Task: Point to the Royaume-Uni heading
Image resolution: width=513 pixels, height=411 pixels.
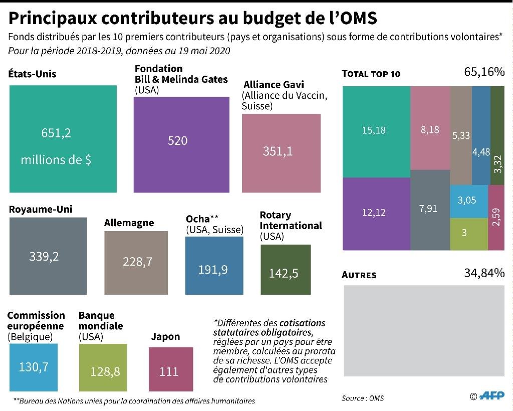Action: (41, 209)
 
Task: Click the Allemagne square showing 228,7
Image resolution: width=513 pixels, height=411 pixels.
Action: (137, 262)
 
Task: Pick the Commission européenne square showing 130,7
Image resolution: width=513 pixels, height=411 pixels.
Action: (34, 367)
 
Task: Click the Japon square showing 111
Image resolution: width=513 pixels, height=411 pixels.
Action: (170, 371)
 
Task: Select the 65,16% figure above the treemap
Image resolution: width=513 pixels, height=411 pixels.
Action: (484, 72)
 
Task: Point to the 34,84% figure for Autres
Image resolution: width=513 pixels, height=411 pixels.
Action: (484, 273)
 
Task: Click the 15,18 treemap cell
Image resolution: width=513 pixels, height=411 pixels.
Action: (374, 130)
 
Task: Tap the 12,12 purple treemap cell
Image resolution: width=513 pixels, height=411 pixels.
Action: (374, 213)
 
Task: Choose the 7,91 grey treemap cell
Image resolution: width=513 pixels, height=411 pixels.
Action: (429, 209)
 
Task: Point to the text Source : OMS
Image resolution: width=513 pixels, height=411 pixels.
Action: (363, 398)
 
